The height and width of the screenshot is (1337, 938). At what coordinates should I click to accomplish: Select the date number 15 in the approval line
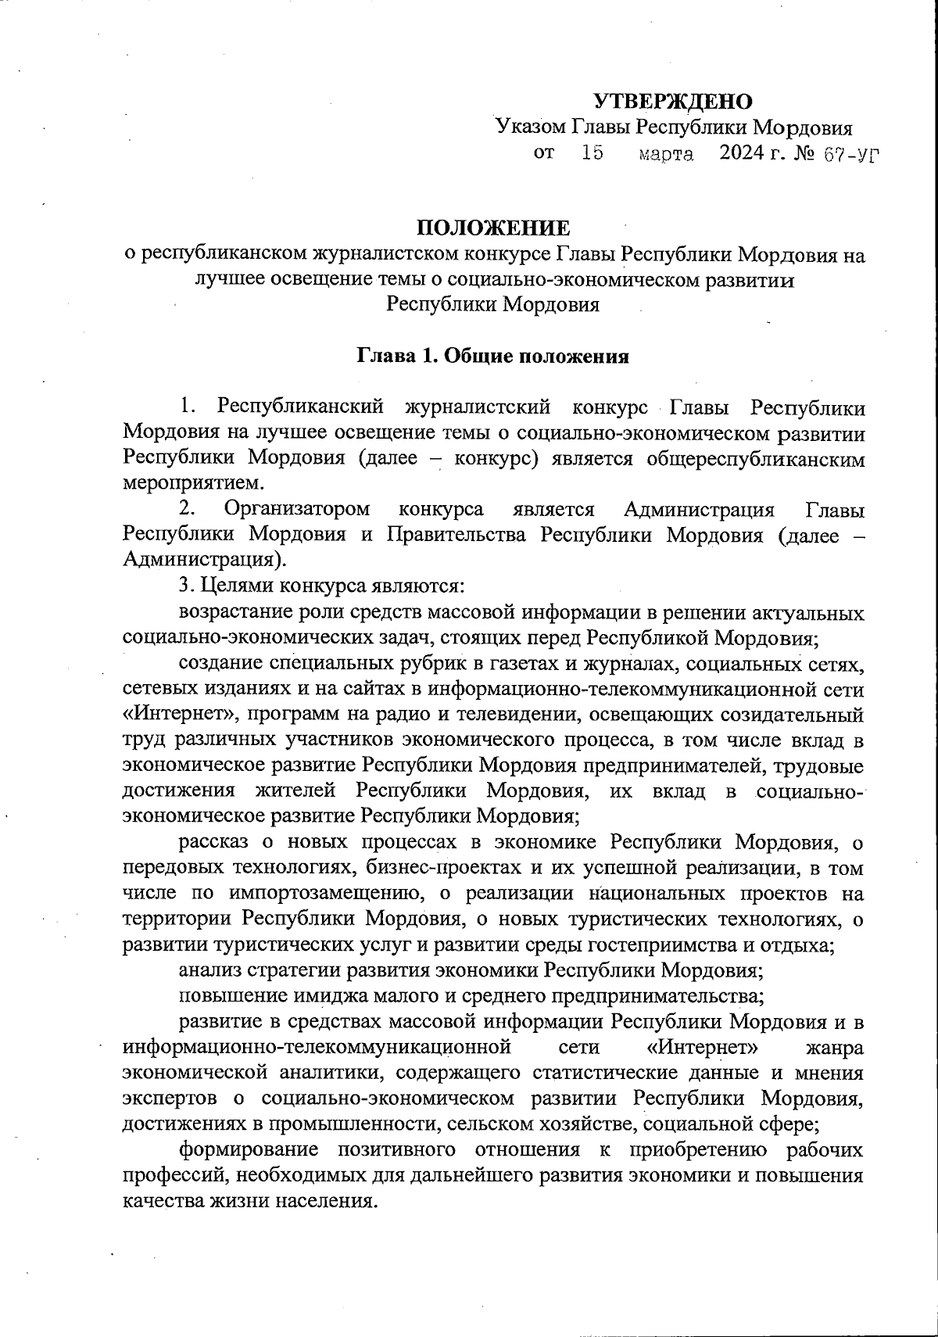(x=593, y=153)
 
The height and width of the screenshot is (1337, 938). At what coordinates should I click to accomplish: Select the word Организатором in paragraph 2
(x=297, y=510)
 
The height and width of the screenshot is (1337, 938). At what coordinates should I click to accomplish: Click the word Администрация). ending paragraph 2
(x=205, y=560)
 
